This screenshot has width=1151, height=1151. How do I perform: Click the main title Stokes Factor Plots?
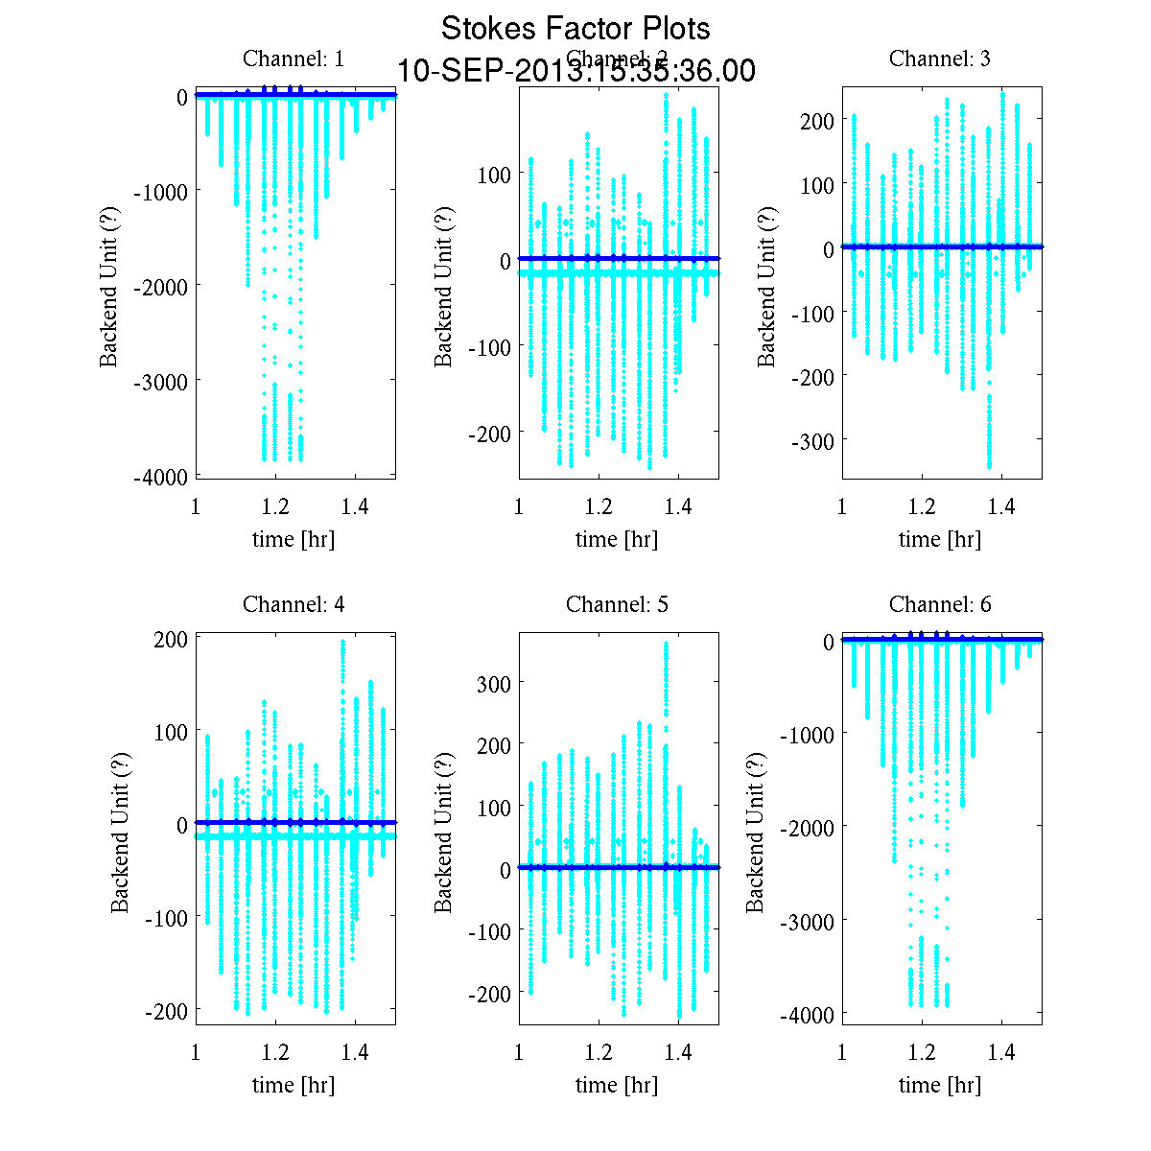(x=575, y=29)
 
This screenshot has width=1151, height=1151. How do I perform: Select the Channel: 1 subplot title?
(x=294, y=59)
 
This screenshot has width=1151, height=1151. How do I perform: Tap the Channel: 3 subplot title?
(x=940, y=59)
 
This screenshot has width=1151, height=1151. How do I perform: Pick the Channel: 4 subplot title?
(x=294, y=604)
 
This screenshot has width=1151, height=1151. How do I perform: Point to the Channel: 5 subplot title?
(x=617, y=604)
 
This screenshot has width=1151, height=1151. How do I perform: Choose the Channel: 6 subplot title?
(x=940, y=604)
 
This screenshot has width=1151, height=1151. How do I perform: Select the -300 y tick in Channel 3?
(x=811, y=440)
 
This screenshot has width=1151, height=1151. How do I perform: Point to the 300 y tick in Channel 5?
(x=494, y=682)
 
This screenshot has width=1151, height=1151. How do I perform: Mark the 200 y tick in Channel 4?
(x=171, y=640)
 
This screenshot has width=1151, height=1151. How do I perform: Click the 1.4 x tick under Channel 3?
(x=1002, y=506)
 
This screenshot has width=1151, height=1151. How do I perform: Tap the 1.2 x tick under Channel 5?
(x=599, y=1053)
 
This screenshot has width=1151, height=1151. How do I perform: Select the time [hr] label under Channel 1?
(x=294, y=539)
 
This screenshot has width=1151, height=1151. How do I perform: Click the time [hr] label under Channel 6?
(x=940, y=1085)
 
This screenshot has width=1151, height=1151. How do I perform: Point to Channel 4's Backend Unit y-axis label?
(x=120, y=831)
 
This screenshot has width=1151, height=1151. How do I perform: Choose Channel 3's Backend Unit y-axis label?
(x=766, y=285)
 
